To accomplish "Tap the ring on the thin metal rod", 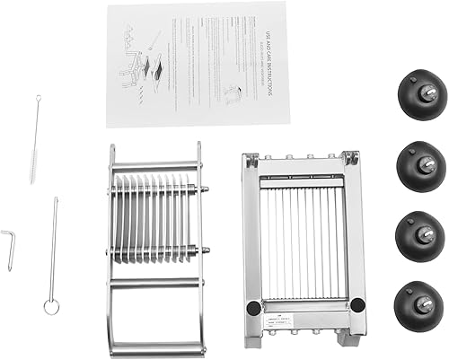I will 51,306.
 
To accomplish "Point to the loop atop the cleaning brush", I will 39,99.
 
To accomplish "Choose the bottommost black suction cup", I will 419,306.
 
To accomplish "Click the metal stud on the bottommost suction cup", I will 427,306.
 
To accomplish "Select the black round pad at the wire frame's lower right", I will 357,305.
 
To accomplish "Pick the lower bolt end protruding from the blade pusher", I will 206,251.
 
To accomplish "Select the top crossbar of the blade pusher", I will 154,167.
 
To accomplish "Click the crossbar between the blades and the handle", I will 154,283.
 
